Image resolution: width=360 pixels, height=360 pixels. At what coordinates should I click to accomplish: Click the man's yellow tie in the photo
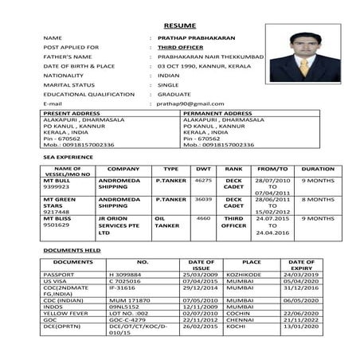click(x=303, y=67)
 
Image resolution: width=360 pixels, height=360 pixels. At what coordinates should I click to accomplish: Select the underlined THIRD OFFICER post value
click(x=178, y=48)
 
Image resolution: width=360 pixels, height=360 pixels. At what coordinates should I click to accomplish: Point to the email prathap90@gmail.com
click(x=190, y=104)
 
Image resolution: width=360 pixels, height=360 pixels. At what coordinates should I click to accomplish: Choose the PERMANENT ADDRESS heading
click(x=217, y=113)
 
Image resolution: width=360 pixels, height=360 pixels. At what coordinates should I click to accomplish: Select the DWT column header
click(x=203, y=169)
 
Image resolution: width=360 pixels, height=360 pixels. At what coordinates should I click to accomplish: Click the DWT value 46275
click(x=203, y=181)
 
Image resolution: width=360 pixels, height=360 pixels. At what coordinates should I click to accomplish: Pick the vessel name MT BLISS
click(x=59, y=217)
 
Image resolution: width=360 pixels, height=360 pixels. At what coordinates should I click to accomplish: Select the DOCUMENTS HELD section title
click(x=72, y=250)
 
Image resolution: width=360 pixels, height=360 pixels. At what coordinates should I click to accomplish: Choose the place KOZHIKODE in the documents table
click(x=252, y=274)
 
